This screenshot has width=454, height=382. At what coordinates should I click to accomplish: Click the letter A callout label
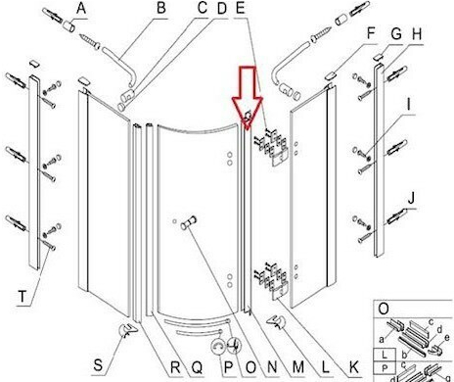point(81,8)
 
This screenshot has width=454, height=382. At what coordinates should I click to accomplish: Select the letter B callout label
point(161,8)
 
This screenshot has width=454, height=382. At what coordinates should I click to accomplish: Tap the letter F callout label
point(372,33)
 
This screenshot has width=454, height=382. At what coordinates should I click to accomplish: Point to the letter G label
point(396,33)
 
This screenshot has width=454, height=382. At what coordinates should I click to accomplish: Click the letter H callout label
point(417,34)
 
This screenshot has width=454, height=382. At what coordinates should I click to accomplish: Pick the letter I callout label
point(409,104)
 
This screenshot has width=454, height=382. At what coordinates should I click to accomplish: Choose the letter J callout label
point(412,198)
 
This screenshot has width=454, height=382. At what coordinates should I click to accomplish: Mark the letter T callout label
point(23,297)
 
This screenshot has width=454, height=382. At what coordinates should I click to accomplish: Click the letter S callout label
point(98,364)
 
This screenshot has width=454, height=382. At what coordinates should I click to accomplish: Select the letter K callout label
point(354,367)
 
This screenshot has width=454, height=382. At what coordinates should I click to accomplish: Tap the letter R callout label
point(175,367)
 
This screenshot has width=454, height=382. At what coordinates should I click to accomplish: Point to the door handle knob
point(189,222)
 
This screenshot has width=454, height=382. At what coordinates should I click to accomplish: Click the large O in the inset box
point(384,309)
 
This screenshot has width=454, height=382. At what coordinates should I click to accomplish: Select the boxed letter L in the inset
point(385,355)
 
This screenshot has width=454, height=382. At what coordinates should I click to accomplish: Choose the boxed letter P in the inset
point(385,368)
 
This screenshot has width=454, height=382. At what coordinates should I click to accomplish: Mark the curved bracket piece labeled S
point(126,330)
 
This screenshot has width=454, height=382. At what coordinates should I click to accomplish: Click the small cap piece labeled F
point(330,75)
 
